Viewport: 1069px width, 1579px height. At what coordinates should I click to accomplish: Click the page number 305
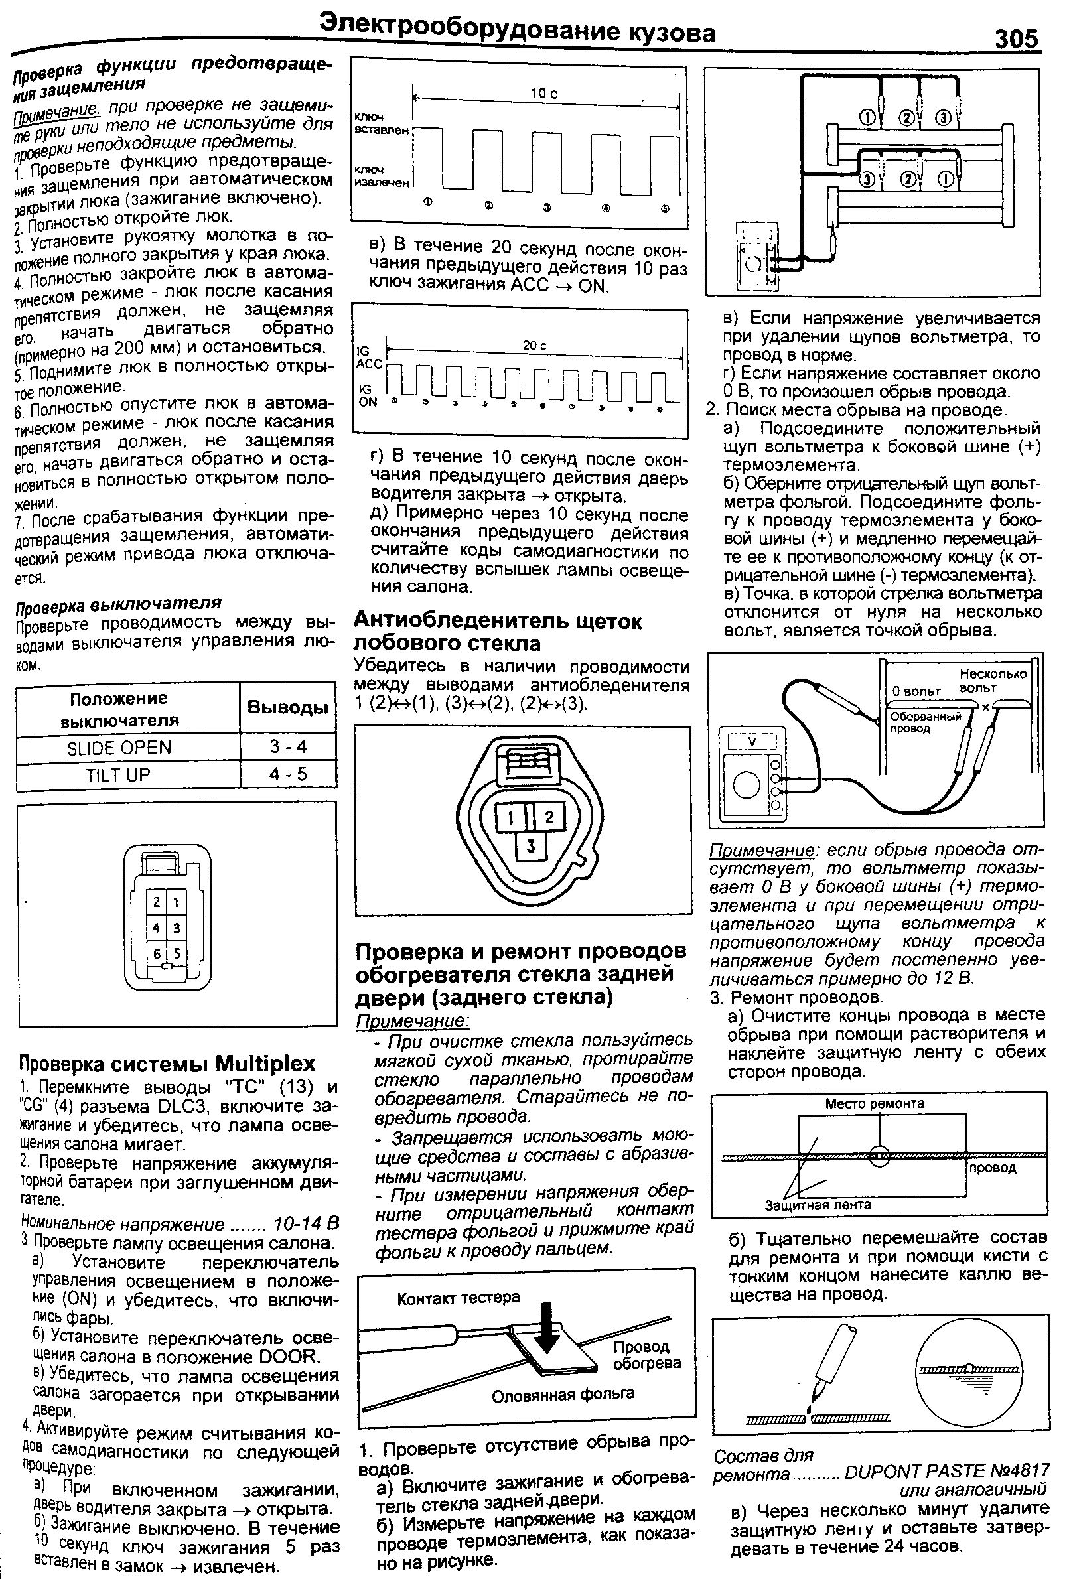tap(1017, 38)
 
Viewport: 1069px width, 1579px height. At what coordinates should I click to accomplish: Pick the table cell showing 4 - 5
tap(288, 774)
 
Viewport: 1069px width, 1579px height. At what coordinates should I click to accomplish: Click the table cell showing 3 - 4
tap(288, 746)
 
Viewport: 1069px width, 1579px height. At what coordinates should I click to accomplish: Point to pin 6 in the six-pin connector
tap(157, 954)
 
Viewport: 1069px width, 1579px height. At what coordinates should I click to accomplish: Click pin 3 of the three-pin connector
tap(532, 846)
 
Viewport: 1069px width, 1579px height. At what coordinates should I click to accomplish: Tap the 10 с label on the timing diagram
tap(543, 94)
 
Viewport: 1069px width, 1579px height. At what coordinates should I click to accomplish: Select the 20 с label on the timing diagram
tap(534, 346)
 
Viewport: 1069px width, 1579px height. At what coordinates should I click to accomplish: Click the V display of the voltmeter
tap(752, 741)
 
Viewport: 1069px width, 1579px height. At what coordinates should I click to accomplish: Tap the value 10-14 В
tap(305, 1223)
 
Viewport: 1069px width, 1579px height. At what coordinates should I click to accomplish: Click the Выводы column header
tap(288, 707)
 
